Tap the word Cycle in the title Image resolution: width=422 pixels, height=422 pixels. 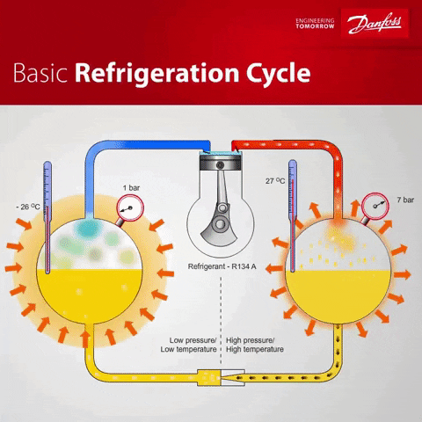click(x=274, y=71)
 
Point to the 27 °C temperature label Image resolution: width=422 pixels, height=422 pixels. click(x=274, y=181)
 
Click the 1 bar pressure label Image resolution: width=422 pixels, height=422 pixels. click(x=131, y=187)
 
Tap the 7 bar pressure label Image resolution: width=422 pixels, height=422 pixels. click(x=407, y=200)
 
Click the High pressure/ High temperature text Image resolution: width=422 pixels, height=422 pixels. click(x=255, y=344)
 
